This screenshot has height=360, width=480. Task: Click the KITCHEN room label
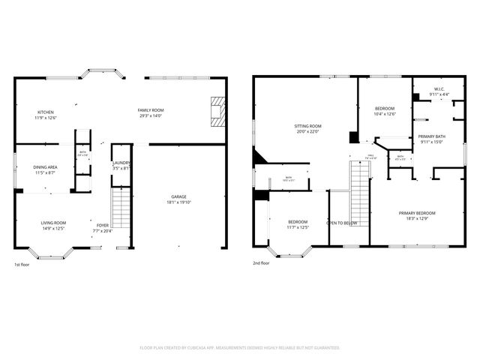46,111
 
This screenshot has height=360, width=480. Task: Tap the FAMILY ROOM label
151,111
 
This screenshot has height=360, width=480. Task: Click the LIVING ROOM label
53,223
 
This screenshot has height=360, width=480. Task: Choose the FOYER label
102,225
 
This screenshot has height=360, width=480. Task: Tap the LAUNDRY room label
121,163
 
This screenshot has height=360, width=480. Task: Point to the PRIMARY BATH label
431,136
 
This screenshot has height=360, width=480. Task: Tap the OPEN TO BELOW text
341,223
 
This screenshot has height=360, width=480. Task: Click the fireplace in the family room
217,111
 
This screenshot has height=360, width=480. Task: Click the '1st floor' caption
22,265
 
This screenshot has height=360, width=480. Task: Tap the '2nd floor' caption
262,263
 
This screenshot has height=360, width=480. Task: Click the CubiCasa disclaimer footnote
240,347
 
